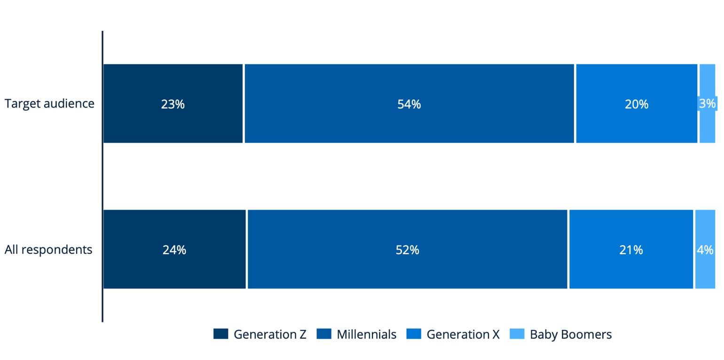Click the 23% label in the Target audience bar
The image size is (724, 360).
click(x=173, y=104)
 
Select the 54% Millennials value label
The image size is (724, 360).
click(x=409, y=104)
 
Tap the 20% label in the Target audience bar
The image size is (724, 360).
click(x=637, y=104)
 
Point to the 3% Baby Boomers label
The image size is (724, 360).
click(x=707, y=103)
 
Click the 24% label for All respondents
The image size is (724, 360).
click(x=174, y=250)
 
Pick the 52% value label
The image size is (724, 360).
click(x=407, y=250)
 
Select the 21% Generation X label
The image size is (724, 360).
click(x=631, y=250)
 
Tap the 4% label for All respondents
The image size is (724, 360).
click(x=705, y=250)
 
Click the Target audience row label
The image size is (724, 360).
click(x=49, y=103)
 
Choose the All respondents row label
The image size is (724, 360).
click(x=48, y=250)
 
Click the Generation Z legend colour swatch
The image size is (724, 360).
click(x=221, y=334)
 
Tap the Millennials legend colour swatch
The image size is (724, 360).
click(x=324, y=334)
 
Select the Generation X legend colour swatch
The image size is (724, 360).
click(x=414, y=334)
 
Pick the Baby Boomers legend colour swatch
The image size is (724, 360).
click(x=517, y=334)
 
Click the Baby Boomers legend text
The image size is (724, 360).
click(x=571, y=334)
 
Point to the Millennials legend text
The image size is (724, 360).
click(x=367, y=334)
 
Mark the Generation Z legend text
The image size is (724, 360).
click(x=270, y=334)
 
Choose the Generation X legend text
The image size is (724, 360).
click(x=463, y=334)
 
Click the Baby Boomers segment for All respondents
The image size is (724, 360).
click(x=705, y=249)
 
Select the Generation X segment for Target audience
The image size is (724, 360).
click(x=637, y=103)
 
